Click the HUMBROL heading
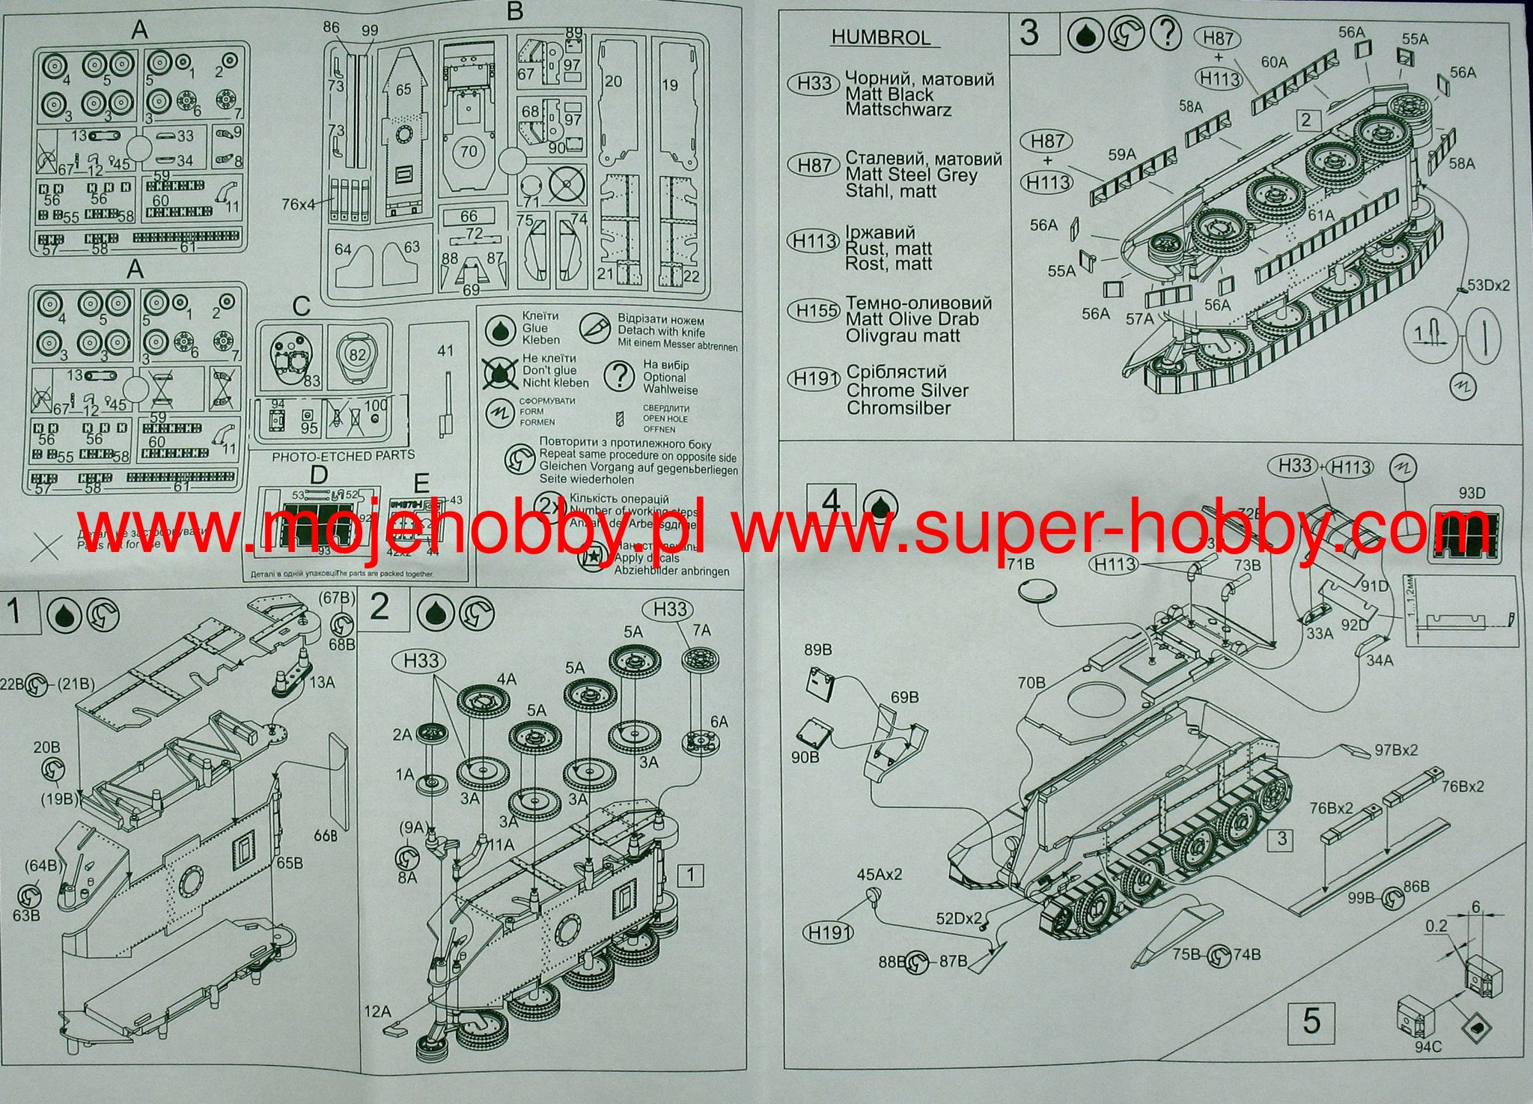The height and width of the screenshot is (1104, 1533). point(881,38)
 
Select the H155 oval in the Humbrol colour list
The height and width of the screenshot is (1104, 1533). point(814,311)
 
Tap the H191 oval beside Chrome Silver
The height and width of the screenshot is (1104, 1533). point(814,380)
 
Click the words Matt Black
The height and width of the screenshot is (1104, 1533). point(889,95)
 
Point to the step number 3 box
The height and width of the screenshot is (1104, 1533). point(1030,34)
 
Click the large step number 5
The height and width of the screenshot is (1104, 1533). point(1311,1022)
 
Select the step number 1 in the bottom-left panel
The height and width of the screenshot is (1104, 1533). point(14,612)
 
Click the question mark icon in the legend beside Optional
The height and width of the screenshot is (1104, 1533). point(618,377)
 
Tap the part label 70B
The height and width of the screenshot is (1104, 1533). point(1031,682)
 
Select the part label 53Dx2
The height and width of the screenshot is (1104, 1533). point(1488,285)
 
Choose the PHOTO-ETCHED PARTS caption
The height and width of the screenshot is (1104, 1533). point(344,455)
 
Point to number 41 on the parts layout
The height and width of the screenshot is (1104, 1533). point(445,351)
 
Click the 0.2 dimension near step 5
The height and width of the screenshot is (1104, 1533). point(1436,926)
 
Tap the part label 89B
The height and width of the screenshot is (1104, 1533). point(818,649)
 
